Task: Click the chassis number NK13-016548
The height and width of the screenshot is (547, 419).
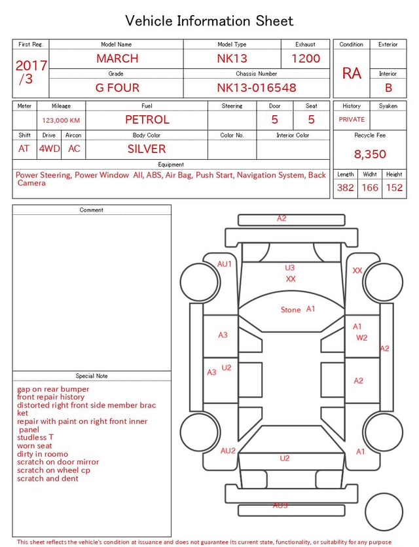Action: pyautogui.click(x=257, y=88)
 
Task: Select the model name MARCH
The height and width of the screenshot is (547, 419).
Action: pyautogui.click(x=117, y=58)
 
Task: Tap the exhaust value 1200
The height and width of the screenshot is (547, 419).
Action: pyautogui.click(x=306, y=58)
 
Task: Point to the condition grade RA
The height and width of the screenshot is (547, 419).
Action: pyautogui.click(x=352, y=73)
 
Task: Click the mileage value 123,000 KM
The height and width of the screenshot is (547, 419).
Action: pyautogui.click(x=61, y=121)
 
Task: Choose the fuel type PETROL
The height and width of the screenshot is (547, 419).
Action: pyautogui.click(x=147, y=120)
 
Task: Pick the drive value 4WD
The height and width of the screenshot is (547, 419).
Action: pyautogui.click(x=49, y=149)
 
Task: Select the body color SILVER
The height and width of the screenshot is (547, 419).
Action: pyautogui.click(x=147, y=149)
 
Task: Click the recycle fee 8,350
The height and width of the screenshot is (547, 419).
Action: pyautogui.click(x=370, y=154)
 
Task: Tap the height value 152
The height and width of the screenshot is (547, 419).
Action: pyautogui.click(x=394, y=187)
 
